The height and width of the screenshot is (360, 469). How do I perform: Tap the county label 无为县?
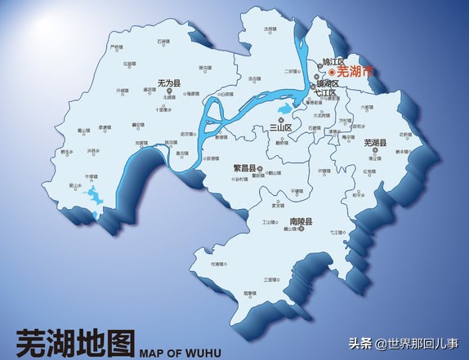coord(168,82)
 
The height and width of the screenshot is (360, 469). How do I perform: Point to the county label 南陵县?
coord(300,221)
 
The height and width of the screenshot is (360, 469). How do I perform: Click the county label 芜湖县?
coord(375,143)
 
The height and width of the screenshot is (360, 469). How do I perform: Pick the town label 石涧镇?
coord(163,40)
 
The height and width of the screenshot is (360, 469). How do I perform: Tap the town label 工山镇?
coord(268,222)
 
